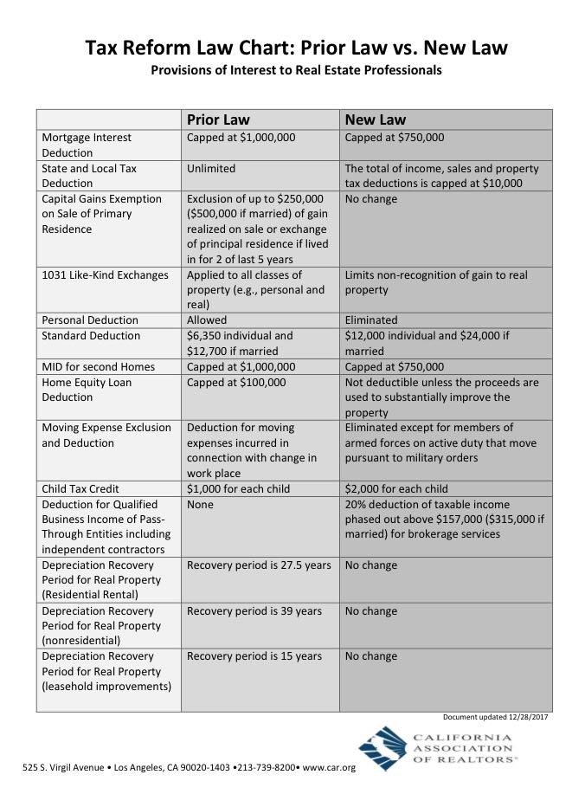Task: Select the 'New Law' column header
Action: [376, 119]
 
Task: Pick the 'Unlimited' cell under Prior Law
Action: [211, 168]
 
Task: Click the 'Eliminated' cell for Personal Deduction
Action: [371, 320]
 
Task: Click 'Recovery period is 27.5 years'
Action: [259, 565]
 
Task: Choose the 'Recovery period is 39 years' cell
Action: [254, 611]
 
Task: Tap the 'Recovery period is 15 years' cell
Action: [254, 656]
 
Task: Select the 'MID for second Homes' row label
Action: [98, 366]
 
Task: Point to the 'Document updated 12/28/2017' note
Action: [495, 717]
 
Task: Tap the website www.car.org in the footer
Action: [330, 768]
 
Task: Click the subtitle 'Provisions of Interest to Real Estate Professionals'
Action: [296, 70]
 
